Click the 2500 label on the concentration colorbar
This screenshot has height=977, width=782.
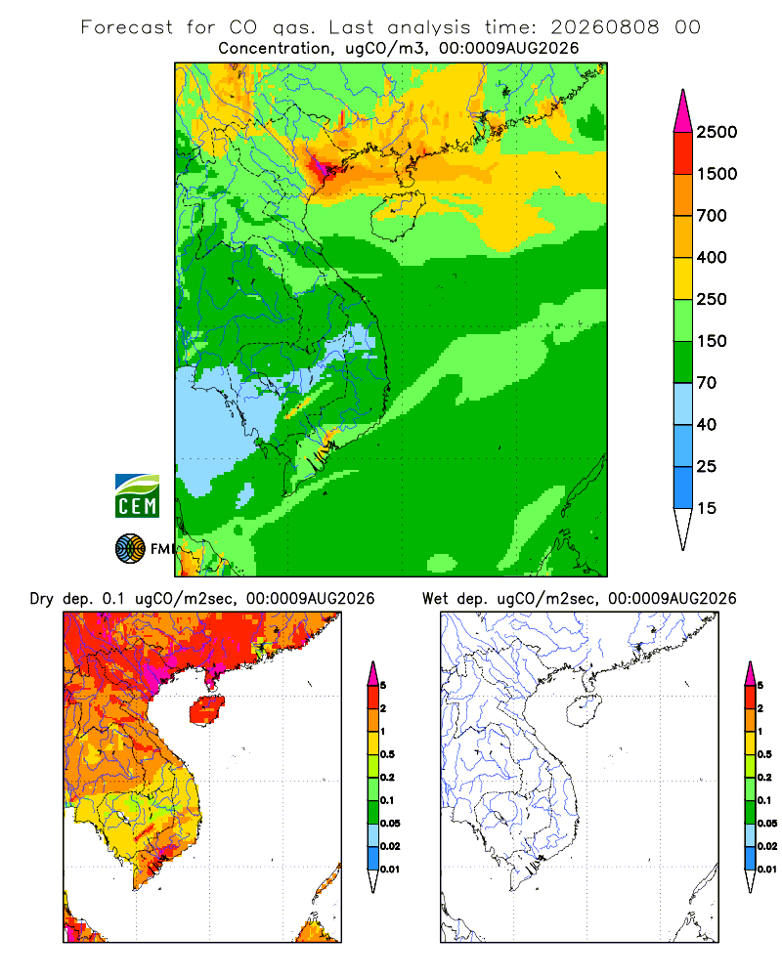pyautogui.click(x=717, y=132)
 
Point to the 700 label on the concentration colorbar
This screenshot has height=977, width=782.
pyautogui.click(x=712, y=216)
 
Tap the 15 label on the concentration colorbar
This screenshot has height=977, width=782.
pyautogui.click(x=706, y=508)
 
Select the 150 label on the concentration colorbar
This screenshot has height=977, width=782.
pyautogui.click(x=712, y=341)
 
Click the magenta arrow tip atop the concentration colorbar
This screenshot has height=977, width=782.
pyautogui.click(x=683, y=112)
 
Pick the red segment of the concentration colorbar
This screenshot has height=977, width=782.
pyautogui.click(x=683, y=152)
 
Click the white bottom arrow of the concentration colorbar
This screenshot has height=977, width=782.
pyautogui.click(x=683, y=528)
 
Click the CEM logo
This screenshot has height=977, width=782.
pyautogui.click(x=137, y=495)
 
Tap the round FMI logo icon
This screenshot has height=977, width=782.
pyautogui.click(x=130, y=548)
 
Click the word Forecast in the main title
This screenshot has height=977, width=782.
pyautogui.click(x=127, y=27)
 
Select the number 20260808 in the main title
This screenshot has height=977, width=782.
pyautogui.click(x=604, y=27)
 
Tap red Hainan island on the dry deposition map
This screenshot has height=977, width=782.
pyautogui.click(x=206, y=710)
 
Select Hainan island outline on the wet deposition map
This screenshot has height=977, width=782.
pyautogui.click(x=584, y=710)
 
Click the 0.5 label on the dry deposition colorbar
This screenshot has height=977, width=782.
pyautogui.click(x=387, y=754)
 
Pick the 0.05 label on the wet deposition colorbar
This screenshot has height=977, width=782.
pyautogui.click(x=767, y=823)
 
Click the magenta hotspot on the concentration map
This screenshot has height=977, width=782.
pyautogui.click(x=321, y=164)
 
